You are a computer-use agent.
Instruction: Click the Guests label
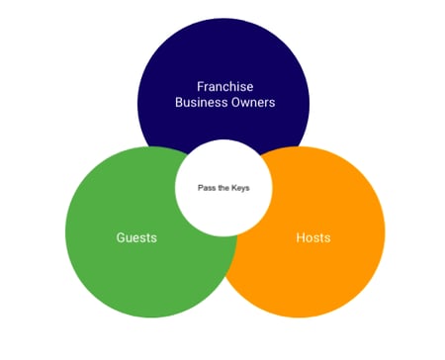[x=136, y=238]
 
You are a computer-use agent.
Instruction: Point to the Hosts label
[x=313, y=238]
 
